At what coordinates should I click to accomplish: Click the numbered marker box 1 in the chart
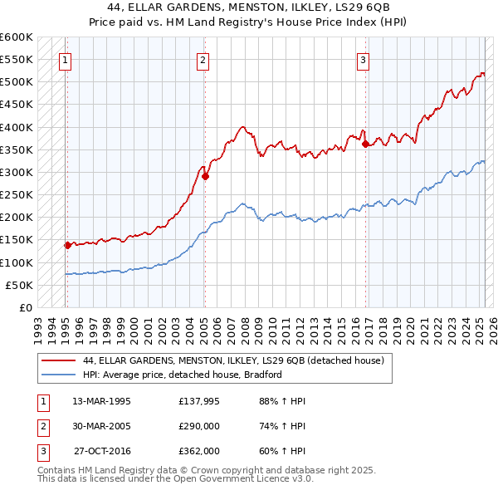(x=65, y=59)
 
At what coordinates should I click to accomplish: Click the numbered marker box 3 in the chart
(x=364, y=59)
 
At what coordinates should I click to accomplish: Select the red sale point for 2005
(x=205, y=176)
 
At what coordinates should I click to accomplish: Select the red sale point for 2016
(x=366, y=144)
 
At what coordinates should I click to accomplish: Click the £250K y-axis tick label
(x=17, y=195)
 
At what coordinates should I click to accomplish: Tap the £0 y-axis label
(x=26, y=308)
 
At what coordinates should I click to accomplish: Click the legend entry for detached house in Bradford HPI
(x=183, y=375)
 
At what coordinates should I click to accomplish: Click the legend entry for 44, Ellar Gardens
(x=233, y=361)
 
